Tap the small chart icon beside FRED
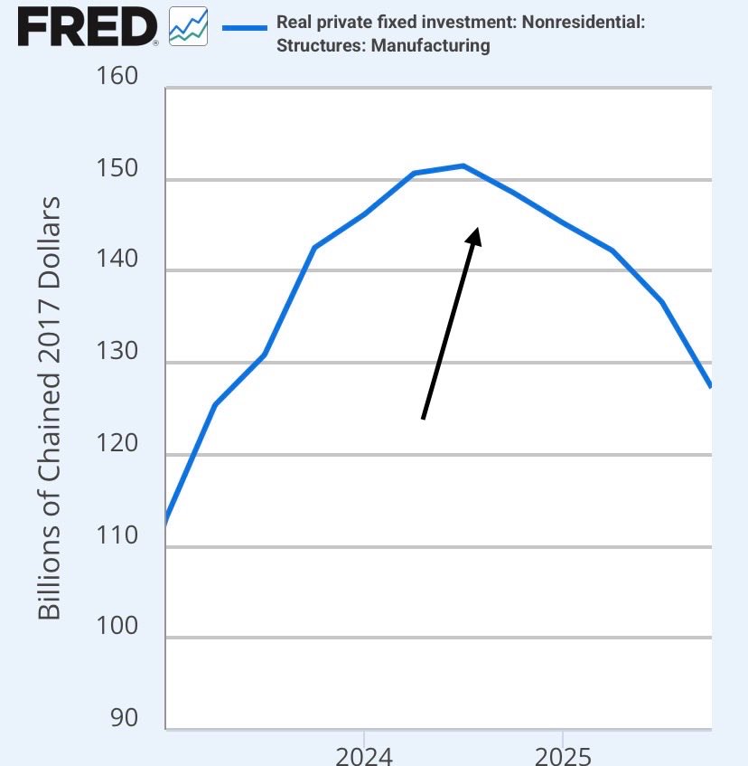point(187,27)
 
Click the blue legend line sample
point(238,28)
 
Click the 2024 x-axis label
point(364,754)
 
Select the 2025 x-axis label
point(563,754)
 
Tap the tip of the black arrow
point(476,228)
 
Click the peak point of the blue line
point(463,165)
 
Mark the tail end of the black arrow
point(423,419)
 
